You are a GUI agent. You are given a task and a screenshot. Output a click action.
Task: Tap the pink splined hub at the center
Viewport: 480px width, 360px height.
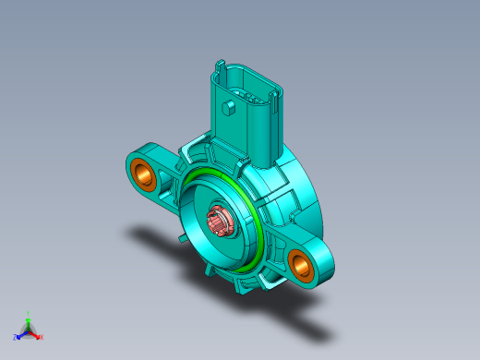220,222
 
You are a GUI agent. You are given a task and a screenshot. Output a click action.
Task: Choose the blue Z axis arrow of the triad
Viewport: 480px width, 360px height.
20,335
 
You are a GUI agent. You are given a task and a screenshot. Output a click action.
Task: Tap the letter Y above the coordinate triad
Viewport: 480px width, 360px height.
28,313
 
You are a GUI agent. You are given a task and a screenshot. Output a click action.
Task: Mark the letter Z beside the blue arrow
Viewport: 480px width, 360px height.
15,338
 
